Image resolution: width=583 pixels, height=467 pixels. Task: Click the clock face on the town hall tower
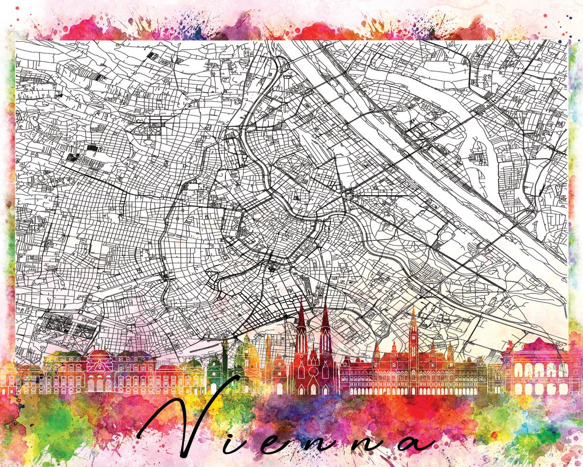[x=413, y=336]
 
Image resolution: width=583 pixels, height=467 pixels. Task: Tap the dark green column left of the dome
[x=225, y=355]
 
